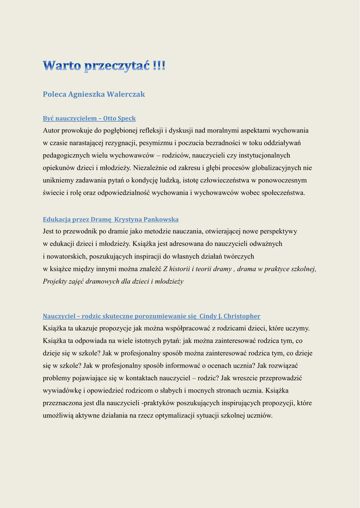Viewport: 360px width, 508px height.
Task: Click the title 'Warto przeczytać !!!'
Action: [104, 66]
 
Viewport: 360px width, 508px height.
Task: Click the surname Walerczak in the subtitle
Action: [126, 94]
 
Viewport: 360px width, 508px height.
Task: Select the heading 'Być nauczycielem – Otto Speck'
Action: [89, 119]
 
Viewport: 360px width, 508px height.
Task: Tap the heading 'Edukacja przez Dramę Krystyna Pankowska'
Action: [111, 219]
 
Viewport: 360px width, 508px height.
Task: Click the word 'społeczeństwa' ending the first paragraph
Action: [283, 192]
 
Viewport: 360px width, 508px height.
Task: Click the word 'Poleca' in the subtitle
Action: [54, 94]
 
